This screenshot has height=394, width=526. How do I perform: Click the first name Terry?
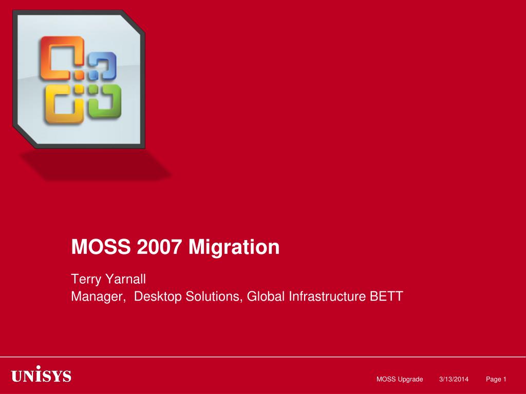point(85,280)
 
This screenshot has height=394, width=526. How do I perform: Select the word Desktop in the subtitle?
point(157,296)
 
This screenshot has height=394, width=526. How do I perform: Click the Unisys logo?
point(41,376)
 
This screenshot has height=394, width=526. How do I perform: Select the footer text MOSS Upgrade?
point(400,379)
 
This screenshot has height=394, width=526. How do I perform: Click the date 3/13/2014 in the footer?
point(454,379)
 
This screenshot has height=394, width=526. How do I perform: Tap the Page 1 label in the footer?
point(496,379)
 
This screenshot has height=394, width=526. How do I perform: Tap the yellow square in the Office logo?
point(64,105)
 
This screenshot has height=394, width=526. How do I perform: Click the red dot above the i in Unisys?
point(39,368)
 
